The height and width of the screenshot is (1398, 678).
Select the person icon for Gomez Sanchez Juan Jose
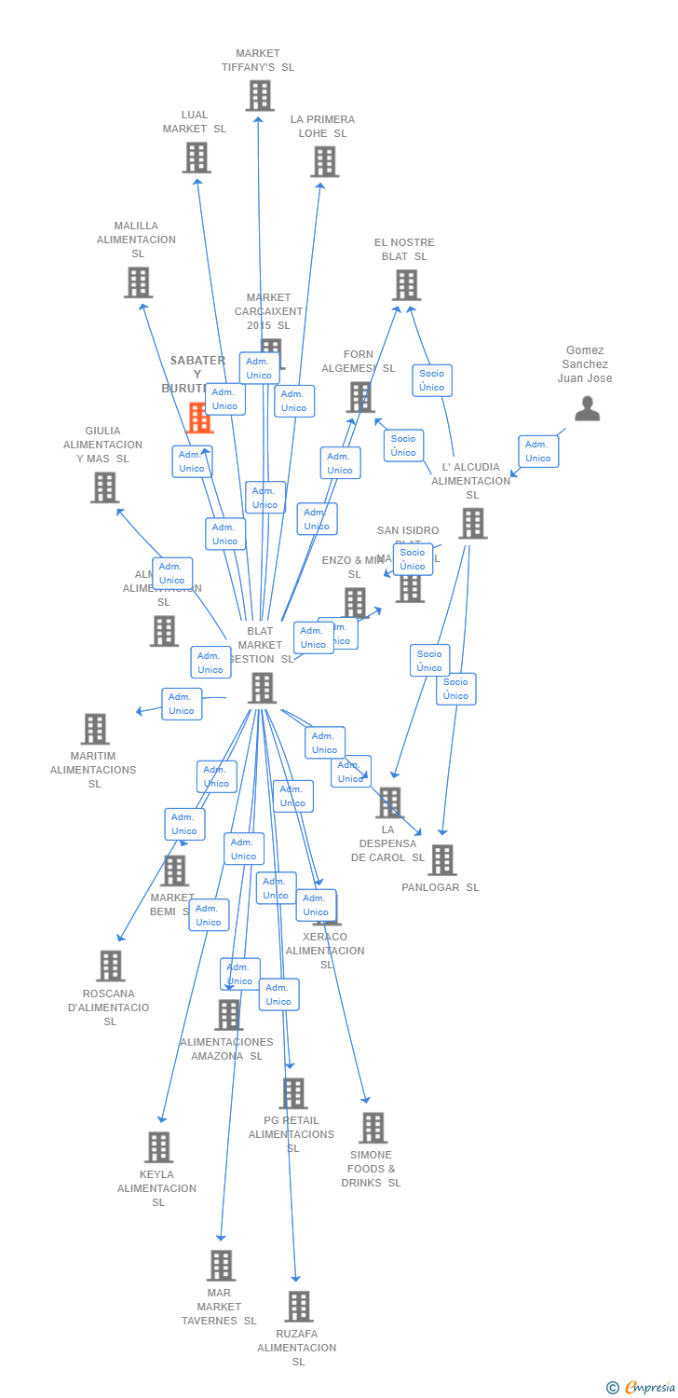[x=587, y=408]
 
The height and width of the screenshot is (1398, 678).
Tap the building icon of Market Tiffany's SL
[x=260, y=95]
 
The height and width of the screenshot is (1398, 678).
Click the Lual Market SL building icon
[x=197, y=158]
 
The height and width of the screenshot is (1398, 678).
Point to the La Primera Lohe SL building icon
[x=324, y=161]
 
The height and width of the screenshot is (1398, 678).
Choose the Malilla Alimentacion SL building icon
[x=138, y=281]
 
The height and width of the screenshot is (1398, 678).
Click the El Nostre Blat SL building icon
[x=406, y=284]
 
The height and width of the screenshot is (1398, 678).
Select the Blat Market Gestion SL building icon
[x=263, y=688]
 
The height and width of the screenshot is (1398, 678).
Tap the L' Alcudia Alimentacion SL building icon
[x=472, y=523]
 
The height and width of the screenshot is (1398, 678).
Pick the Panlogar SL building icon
[x=441, y=859]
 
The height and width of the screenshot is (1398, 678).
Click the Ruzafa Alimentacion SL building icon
[x=298, y=1307]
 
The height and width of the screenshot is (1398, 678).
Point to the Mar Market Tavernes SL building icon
[x=221, y=1266]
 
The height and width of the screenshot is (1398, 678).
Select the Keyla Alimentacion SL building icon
[x=159, y=1147]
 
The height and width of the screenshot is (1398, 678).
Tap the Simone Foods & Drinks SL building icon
[x=373, y=1128]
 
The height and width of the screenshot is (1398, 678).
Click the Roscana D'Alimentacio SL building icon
[x=111, y=966]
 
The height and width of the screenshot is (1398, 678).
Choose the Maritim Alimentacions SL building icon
[x=95, y=729]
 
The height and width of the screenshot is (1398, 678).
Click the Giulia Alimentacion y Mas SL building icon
[x=104, y=487]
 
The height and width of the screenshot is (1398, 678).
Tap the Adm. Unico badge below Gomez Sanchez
[x=538, y=451]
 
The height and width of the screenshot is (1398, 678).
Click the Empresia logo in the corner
[x=642, y=1388]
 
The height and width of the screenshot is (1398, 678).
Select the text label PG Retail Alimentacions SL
[x=292, y=1134]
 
